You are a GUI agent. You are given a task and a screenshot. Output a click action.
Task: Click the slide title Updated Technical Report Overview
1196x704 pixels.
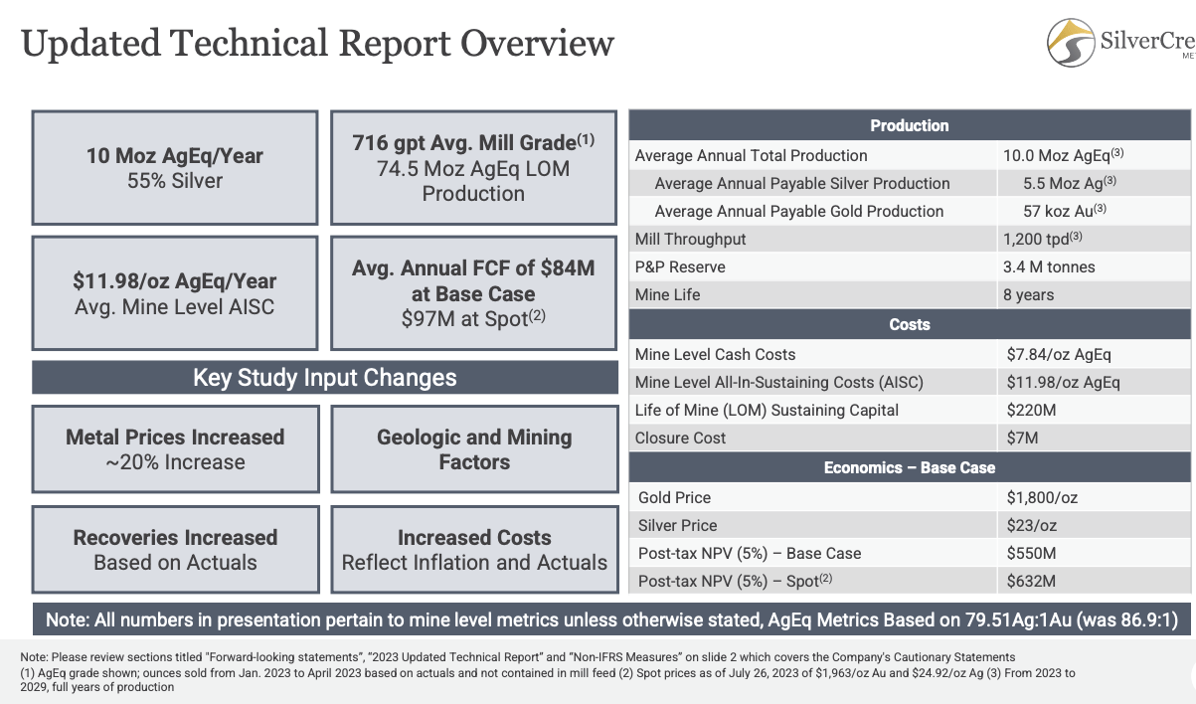coord(317,44)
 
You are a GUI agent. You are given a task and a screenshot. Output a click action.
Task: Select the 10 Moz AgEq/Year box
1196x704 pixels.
coord(175,168)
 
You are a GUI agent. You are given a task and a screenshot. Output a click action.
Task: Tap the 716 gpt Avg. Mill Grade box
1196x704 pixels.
coord(473,167)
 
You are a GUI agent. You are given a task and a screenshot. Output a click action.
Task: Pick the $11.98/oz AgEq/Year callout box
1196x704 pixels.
coord(175,293)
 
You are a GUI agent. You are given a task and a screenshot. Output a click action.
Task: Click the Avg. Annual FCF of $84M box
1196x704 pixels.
coord(473,293)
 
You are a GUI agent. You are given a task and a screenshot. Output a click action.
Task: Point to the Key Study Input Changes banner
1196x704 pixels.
coord(325,378)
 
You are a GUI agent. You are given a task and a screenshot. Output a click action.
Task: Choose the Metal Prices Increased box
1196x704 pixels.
coord(175,449)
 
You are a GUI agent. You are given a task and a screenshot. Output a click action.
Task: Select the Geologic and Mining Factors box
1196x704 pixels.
coord(473,449)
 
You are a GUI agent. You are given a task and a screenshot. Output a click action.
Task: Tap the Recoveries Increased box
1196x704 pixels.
coord(175,550)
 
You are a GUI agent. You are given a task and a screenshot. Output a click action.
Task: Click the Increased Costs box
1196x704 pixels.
coord(473,550)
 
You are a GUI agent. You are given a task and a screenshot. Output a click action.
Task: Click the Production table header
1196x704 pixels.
coord(909,125)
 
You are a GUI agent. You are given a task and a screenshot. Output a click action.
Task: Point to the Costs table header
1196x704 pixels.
coord(909,324)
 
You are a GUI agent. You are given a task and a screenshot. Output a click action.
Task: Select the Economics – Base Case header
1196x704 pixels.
coord(909,467)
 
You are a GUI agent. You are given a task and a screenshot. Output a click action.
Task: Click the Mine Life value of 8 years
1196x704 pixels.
coord(1030,295)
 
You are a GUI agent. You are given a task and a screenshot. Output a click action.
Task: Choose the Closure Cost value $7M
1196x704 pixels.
coord(1021,438)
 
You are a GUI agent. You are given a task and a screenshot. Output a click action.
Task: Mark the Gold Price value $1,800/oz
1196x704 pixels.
coord(1043,497)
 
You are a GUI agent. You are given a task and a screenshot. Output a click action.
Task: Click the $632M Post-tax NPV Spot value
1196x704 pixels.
coord(1030,581)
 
